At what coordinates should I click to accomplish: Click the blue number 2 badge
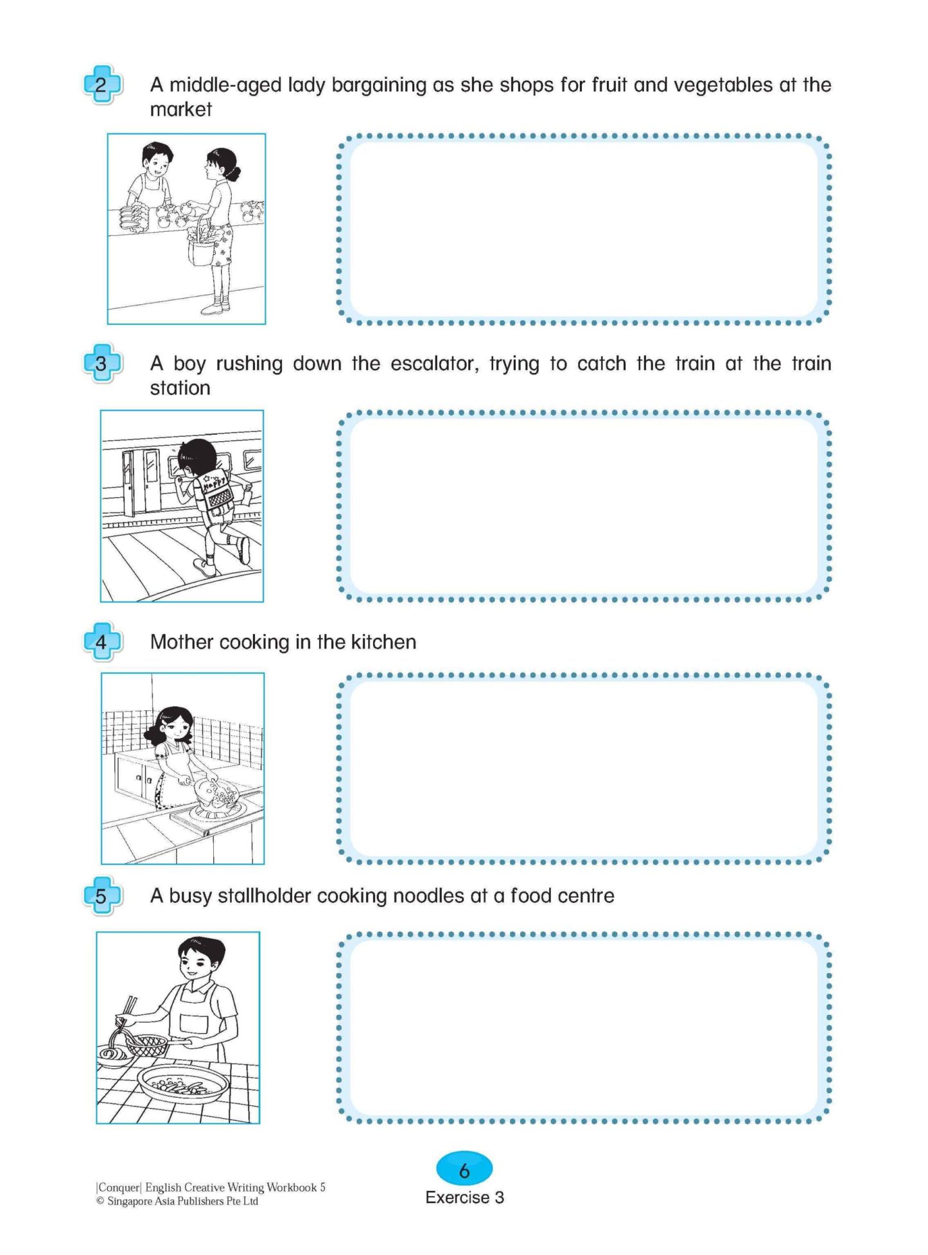tap(101, 85)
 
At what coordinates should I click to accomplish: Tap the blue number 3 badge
tap(101, 364)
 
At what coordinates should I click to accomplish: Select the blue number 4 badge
tap(101, 642)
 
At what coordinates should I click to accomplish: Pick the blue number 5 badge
tap(101, 895)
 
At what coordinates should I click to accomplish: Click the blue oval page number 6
tap(464, 1169)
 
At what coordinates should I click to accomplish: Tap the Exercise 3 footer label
tap(464, 1198)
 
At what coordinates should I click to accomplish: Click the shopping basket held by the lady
tap(202, 247)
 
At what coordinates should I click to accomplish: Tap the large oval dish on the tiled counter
tap(183, 1084)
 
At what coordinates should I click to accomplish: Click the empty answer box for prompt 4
tap(583, 768)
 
